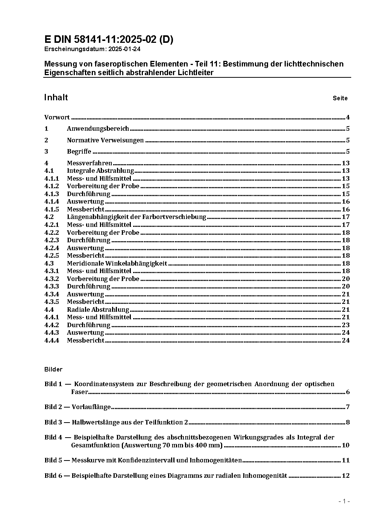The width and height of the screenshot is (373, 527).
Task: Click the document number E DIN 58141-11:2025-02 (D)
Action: pyautogui.click(x=109, y=39)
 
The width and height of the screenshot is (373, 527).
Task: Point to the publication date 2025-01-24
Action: pyautogui.click(x=124, y=49)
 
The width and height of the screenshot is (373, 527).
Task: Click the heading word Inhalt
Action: pyautogui.click(x=56, y=97)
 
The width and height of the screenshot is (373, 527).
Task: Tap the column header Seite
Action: pyautogui.click(x=340, y=98)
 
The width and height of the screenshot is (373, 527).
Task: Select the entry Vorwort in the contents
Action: pyautogui.click(x=57, y=117)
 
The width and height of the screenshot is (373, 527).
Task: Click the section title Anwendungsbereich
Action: pyautogui.click(x=98, y=128)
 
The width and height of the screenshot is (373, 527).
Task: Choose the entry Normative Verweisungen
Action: pyautogui.click(x=105, y=140)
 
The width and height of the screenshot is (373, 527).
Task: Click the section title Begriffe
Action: pyautogui.click(x=79, y=151)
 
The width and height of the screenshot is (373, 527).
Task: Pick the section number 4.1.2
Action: pyautogui.click(x=52, y=186)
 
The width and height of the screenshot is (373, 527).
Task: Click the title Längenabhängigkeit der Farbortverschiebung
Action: pyautogui.click(x=136, y=217)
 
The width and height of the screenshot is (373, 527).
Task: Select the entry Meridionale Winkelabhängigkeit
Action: pyautogui.click(x=117, y=263)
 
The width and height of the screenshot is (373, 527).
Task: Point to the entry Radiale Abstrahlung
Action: pyautogui.click(x=98, y=310)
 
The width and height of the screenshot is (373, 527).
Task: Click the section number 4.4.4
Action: pyautogui.click(x=52, y=340)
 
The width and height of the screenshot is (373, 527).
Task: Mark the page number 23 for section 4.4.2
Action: pyautogui.click(x=346, y=325)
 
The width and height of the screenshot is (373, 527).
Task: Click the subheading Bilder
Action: pyautogui.click(x=53, y=369)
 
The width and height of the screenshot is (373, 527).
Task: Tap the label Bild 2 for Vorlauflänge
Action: pyautogui.click(x=53, y=407)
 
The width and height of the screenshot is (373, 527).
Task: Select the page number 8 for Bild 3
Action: pyautogui.click(x=348, y=422)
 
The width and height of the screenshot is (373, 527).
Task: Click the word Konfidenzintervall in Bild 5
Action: pyautogui.click(x=152, y=460)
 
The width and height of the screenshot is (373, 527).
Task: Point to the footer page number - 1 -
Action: pyautogui.click(x=344, y=501)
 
